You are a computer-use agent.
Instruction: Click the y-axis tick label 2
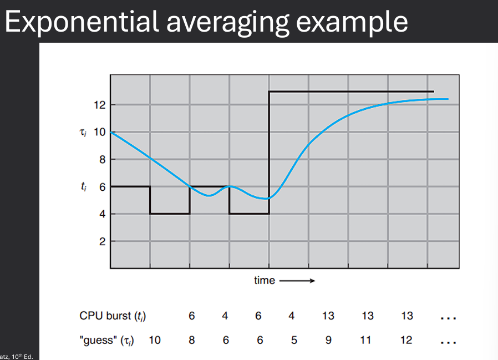pyautogui.click(x=102, y=242)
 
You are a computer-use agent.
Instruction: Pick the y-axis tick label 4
pyautogui.click(x=102, y=214)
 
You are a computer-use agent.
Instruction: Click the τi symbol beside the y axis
pyautogui.click(x=84, y=132)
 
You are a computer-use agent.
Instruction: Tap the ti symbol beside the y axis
pyautogui.click(x=84, y=187)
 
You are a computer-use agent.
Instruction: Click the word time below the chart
pyautogui.click(x=264, y=281)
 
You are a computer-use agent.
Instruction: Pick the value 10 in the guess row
pyautogui.click(x=154, y=340)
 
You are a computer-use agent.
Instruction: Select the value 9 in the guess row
pyautogui.click(x=328, y=340)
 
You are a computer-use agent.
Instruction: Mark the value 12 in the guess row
pyautogui.click(x=406, y=340)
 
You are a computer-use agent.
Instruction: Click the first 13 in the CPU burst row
pyautogui.click(x=328, y=316)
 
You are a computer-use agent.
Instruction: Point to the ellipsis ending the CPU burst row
pyautogui.click(x=448, y=318)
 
